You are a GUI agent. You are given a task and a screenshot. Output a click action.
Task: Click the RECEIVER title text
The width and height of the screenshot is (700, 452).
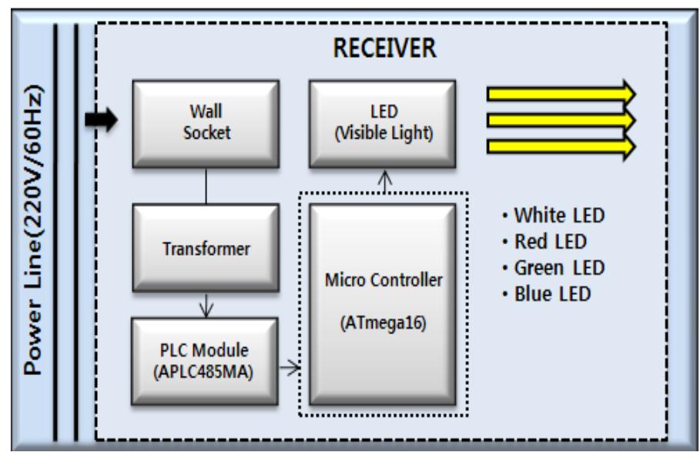pyautogui.click(x=384, y=49)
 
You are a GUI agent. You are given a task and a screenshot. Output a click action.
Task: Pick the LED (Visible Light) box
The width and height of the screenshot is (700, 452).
pyautogui.click(x=384, y=123)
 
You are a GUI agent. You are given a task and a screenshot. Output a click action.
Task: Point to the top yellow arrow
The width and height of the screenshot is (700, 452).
pyautogui.click(x=560, y=93)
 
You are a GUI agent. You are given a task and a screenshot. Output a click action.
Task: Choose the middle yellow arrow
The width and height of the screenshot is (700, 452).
pyautogui.click(x=560, y=120)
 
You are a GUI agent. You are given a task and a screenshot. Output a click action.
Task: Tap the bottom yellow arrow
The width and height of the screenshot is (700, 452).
pyautogui.click(x=560, y=146)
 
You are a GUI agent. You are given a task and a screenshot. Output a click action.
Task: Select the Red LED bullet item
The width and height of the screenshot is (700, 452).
pyautogui.click(x=544, y=241)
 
